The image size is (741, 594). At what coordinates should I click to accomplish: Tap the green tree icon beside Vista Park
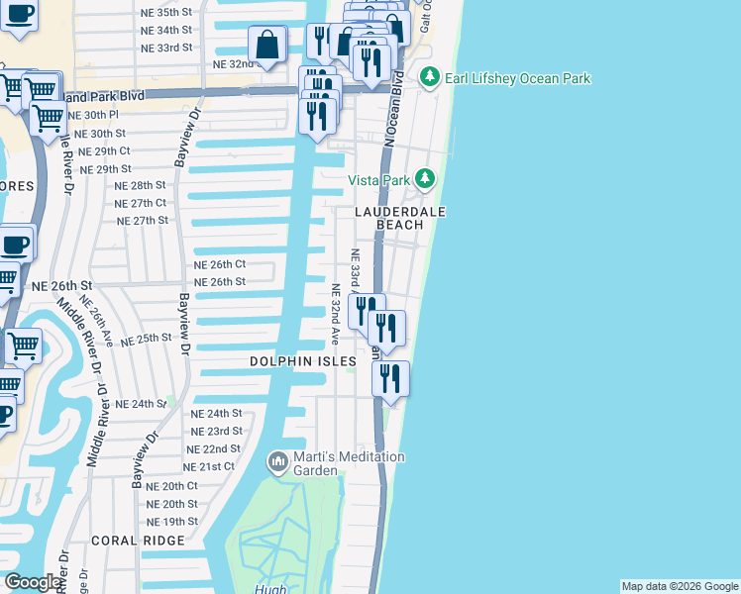tap(425, 179)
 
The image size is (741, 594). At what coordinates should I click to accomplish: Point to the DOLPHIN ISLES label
tap(303, 362)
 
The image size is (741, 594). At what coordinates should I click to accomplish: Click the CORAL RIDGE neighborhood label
tap(138, 541)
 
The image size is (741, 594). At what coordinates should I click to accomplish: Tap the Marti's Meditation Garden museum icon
tap(277, 461)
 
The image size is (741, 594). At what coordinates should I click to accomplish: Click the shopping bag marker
tap(267, 45)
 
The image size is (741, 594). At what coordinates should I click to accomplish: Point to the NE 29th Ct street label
tap(105, 150)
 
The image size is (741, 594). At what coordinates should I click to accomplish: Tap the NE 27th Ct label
tap(141, 203)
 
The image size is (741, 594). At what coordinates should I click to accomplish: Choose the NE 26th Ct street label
tap(219, 264)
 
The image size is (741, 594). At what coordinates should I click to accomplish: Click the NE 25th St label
tap(147, 340)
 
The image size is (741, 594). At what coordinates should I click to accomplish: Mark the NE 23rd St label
tap(216, 431)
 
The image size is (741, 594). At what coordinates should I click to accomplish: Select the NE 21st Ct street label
tap(209, 466)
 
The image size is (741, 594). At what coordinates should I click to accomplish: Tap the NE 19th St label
tap(172, 522)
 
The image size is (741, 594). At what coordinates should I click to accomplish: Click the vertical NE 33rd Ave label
tap(355, 273)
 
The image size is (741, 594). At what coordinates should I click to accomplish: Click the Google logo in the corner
tap(32, 582)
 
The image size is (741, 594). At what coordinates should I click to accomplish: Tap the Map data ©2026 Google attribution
tap(680, 586)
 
